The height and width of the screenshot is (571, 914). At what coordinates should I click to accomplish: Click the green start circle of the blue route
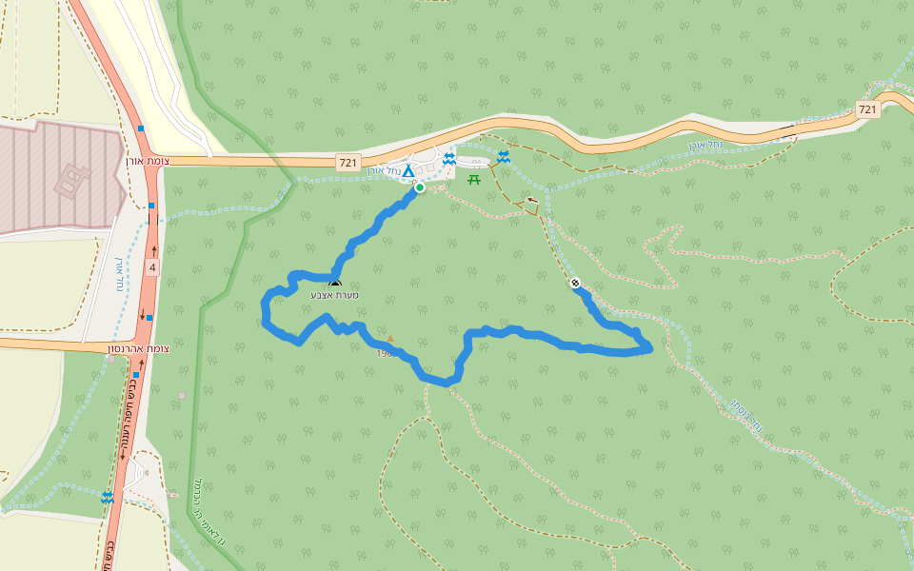tap(419, 187)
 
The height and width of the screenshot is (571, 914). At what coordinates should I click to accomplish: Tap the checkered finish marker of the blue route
tap(575, 283)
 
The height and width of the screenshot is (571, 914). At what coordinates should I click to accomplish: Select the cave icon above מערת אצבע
tap(334, 284)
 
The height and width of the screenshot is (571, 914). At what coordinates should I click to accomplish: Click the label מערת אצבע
tap(333, 295)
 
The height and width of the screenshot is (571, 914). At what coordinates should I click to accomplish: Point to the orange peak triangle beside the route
tap(389, 339)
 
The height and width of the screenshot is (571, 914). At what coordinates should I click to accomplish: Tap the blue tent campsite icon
tap(408, 171)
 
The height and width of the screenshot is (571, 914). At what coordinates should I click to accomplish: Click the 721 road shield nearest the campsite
tap(348, 164)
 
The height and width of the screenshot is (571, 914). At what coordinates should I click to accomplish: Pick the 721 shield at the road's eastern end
tap(866, 109)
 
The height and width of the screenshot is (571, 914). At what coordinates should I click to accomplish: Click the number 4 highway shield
tap(152, 268)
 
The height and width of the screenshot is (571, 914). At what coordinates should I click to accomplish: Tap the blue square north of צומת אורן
tap(141, 128)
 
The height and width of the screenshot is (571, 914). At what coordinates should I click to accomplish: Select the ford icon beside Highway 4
tap(107, 497)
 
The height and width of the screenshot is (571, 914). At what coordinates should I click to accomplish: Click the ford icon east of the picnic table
tap(503, 157)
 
